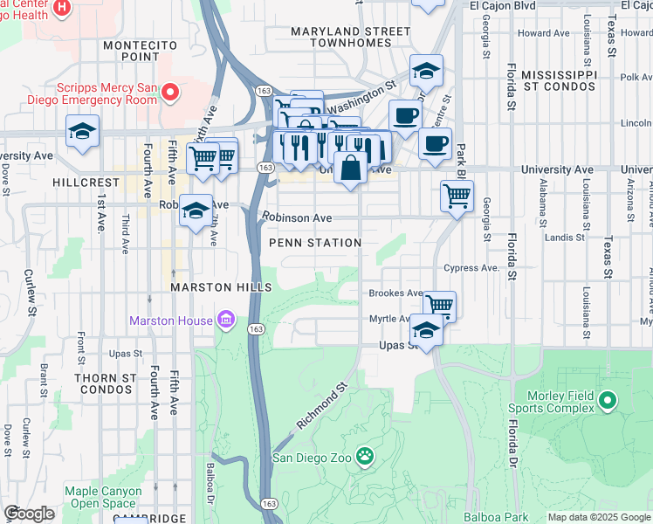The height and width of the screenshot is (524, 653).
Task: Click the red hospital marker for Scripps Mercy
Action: [171, 91]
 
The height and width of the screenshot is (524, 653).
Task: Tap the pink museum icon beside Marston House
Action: [226, 321]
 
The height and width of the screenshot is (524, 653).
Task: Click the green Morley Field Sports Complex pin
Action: [608, 402]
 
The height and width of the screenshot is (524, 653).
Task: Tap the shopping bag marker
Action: [350, 168]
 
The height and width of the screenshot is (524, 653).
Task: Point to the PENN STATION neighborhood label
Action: [314, 243]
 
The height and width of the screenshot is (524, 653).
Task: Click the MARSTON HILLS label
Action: [221, 287]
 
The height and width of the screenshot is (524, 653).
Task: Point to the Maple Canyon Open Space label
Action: [106, 497]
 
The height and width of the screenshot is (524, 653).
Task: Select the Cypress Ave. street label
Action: [471, 268]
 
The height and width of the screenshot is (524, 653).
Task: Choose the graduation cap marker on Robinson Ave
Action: [196, 210]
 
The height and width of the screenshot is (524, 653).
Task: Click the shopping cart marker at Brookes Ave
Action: [440, 305]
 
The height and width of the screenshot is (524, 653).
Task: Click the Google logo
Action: [29, 514]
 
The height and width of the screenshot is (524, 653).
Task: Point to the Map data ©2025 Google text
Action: [599, 517]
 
